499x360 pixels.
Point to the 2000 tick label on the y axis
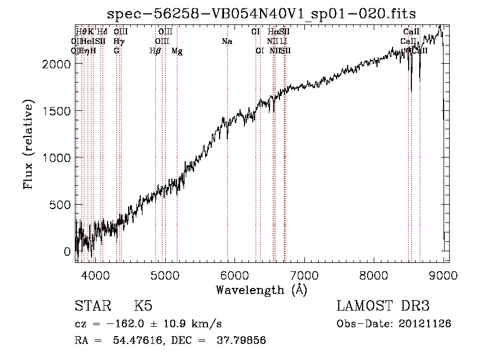tap(58, 64)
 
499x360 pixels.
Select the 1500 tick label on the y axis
tap(58, 111)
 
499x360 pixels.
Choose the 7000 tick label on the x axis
tap(304, 275)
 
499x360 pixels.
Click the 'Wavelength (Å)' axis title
tap(261, 290)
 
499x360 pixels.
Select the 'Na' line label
tap(227, 41)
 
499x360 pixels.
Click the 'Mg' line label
tap(177, 51)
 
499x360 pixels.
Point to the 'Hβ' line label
tap(155, 51)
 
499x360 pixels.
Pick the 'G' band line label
tap(116, 51)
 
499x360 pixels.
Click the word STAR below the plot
tap(93, 307)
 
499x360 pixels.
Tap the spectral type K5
tap(143, 307)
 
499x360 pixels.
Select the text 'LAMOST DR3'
tap(383, 307)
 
